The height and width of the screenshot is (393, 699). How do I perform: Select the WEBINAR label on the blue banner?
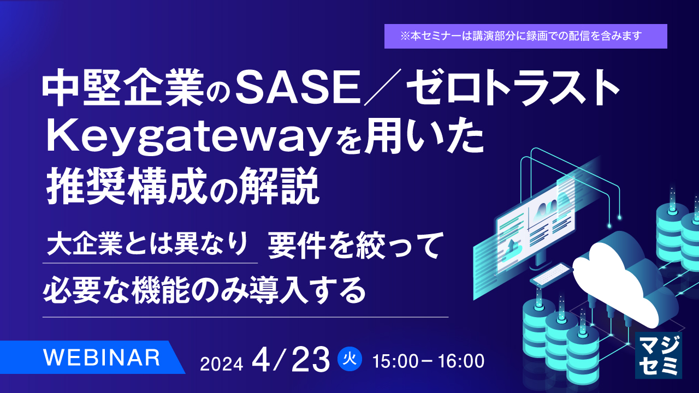tap(102, 357)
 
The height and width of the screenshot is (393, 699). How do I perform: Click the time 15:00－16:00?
tap(428, 361)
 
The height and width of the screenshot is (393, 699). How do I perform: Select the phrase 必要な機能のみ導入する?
tap(204, 289)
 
